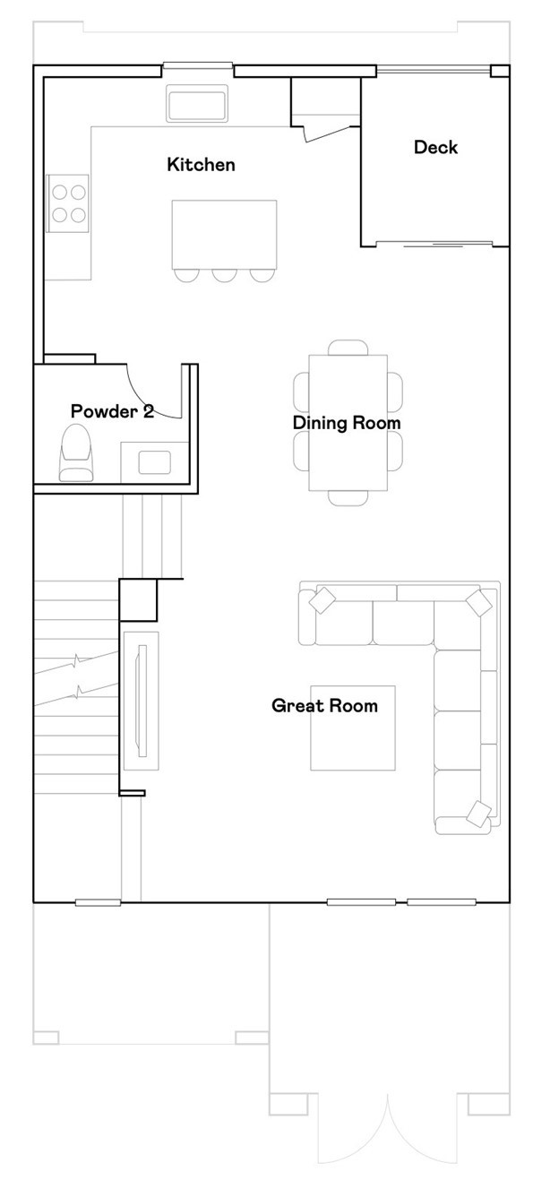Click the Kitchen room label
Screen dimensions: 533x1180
(x=201, y=164)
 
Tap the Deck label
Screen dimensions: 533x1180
(x=435, y=147)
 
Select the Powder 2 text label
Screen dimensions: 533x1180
(x=112, y=411)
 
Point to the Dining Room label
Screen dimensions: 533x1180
(x=347, y=423)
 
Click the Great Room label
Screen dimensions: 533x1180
(x=324, y=705)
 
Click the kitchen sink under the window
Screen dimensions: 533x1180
(x=197, y=103)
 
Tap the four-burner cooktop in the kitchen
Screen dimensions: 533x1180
(x=68, y=203)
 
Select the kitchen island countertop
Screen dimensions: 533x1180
(x=224, y=235)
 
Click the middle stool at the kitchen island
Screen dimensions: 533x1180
(x=224, y=275)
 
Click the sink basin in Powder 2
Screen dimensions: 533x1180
(x=154, y=462)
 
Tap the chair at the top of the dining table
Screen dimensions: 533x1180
(x=348, y=348)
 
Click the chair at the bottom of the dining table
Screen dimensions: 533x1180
(x=348, y=498)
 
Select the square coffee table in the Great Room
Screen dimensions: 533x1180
(x=352, y=728)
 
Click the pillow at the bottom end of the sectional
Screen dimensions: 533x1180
(x=480, y=814)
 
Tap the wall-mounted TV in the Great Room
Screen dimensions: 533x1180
(x=141, y=701)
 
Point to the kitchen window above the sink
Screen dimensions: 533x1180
(x=197, y=65)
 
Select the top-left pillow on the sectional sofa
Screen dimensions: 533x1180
(x=322, y=600)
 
